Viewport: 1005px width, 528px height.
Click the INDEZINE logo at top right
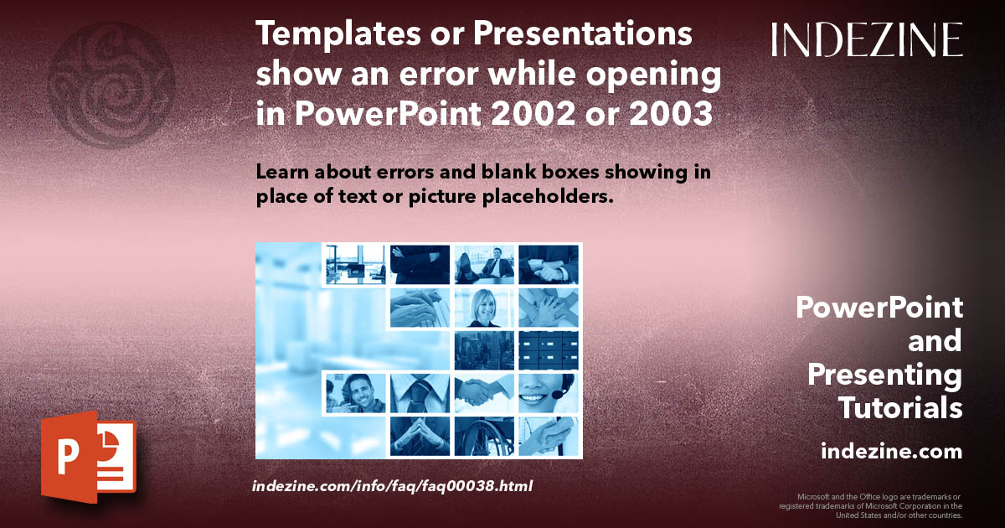867,39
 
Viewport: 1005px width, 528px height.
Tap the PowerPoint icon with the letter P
88,458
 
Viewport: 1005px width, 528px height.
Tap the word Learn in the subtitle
285,172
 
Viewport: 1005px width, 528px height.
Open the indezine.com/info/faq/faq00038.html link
392,485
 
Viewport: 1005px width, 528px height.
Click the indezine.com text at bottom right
891,452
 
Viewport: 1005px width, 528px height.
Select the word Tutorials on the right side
900,408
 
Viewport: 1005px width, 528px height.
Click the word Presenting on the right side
884,375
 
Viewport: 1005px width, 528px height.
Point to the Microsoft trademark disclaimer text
871,506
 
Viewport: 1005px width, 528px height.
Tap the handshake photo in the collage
484,392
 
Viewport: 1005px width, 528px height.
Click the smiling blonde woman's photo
484,308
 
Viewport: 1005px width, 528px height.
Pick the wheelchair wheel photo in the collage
484,436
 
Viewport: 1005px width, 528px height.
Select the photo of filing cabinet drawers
549,350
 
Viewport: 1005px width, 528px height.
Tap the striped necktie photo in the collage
420,392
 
